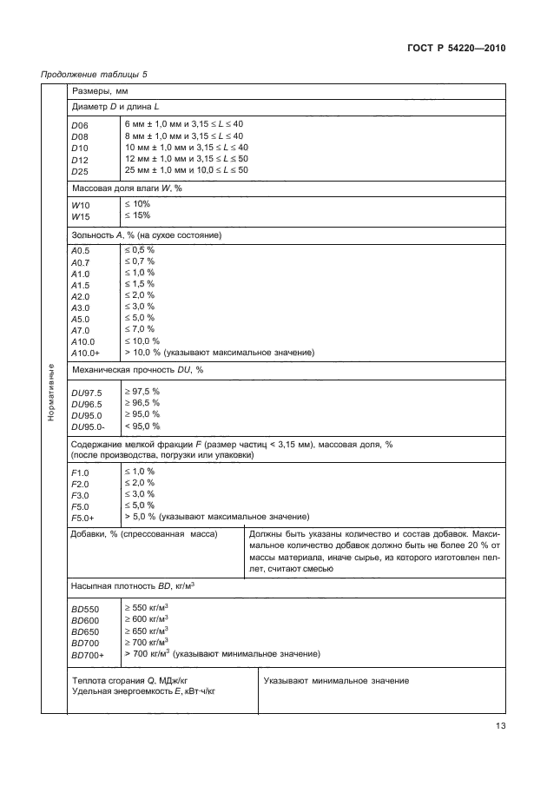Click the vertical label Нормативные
click(x=52, y=393)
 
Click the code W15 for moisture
click(x=81, y=215)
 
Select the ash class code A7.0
click(x=81, y=330)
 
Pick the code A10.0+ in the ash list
click(x=85, y=353)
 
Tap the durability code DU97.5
click(x=87, y=393)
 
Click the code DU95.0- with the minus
click(x=89, y=426)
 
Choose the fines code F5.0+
click(x=82, y=517)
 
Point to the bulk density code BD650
click(x=86, y=632)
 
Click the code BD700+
click(x=89, y=655)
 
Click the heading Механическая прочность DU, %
click(x=137, y=370)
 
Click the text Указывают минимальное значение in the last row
click(x=335, y=681)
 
